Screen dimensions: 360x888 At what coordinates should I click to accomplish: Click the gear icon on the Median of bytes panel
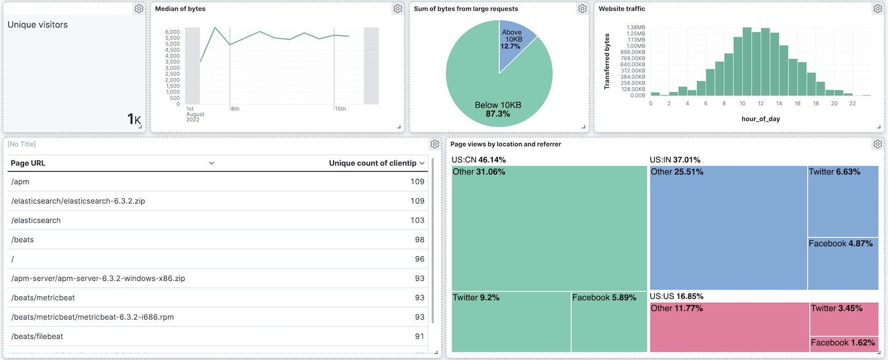(397, 9)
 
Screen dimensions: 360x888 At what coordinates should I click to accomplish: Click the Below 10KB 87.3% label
(498, 109)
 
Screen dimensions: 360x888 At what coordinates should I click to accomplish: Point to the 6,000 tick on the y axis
(173, 32)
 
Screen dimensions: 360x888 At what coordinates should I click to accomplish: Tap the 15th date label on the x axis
(340, 109)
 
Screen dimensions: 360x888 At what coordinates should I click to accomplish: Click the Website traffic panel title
(622, 9)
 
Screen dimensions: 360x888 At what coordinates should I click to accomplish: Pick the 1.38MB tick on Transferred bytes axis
(636, 27)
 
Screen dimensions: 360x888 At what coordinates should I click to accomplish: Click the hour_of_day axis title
(760, 119)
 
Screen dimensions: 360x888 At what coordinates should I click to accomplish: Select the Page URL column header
(28, 163)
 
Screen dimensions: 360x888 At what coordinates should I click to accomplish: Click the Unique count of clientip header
(372, 163)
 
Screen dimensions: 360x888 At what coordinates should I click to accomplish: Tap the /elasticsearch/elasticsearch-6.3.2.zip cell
(78, 201)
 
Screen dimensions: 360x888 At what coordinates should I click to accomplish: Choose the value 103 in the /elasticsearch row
(417, 220)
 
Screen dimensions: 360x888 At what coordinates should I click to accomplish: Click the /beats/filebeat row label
(37, 336)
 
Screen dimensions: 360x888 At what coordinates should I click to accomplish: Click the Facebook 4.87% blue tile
(843, 264)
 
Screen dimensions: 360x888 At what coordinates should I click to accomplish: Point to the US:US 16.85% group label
(676, 296)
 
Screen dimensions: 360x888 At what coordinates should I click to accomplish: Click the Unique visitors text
(38, 25)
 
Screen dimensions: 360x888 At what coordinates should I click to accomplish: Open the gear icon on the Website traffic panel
(877, 9)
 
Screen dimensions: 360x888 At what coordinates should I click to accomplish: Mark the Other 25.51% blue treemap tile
(728, 227)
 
